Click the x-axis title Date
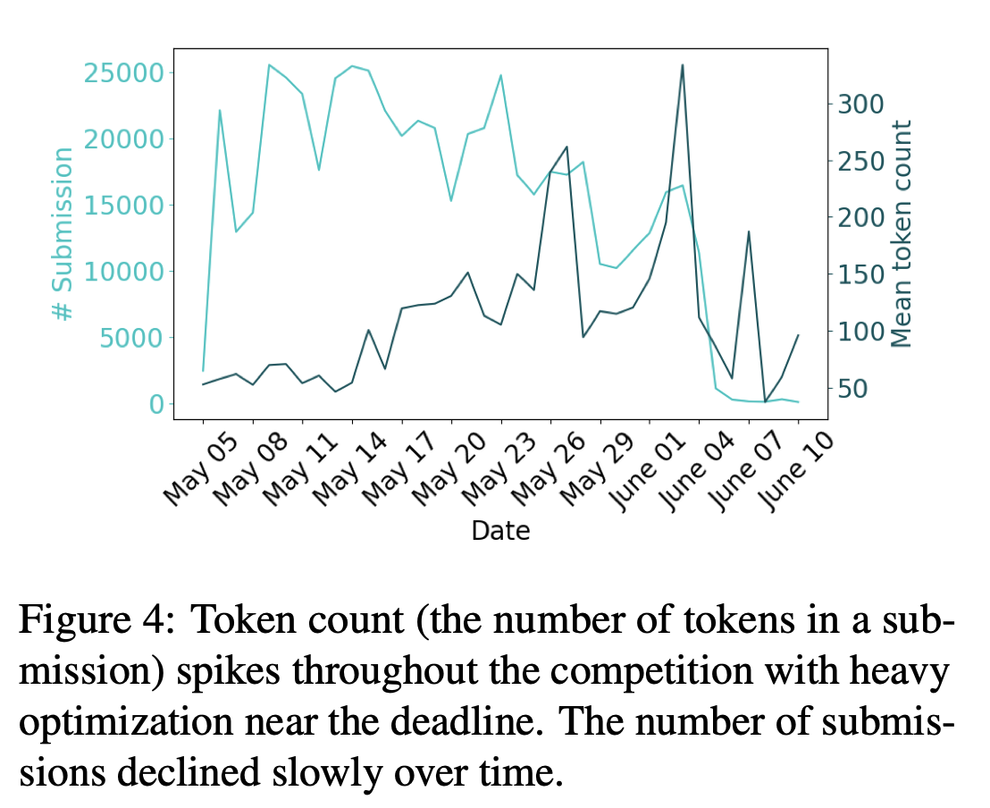[x=500, y=531]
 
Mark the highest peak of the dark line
[x=683, y=64]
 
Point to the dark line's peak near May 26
[x=567, y=147]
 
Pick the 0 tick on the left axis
[x=156, y=404]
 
